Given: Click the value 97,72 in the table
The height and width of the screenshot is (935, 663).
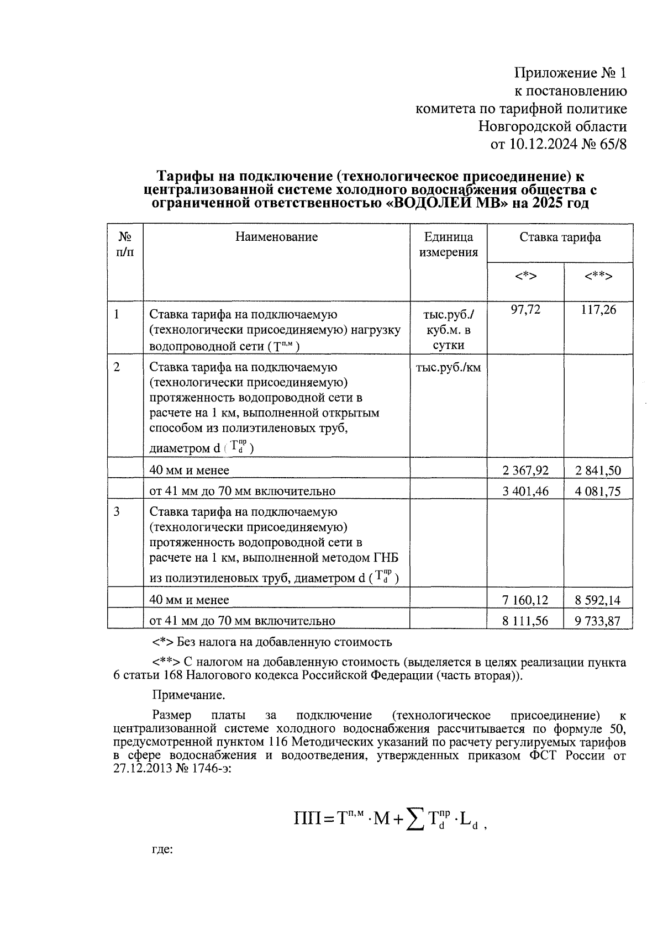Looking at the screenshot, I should coord(525,310).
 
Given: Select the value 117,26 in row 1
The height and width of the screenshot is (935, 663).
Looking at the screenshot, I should coord(598,310).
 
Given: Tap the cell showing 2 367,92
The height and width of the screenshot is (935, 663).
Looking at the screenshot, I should coord(525,471).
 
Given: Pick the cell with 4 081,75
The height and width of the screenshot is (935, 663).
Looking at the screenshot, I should coord(598,491).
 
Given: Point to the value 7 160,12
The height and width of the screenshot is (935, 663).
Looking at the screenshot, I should coord(525,600).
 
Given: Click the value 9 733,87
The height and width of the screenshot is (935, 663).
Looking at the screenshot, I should coord(598,621).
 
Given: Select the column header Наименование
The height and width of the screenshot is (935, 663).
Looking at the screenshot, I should coord(276,237).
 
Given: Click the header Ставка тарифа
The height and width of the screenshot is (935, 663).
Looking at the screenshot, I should coord(560,237).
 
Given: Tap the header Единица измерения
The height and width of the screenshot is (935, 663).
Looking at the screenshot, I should coord(448,245).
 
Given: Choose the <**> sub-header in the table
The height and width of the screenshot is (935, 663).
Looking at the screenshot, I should coord(598,276).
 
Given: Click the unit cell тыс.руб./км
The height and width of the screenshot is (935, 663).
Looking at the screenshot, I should coord(448,368).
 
